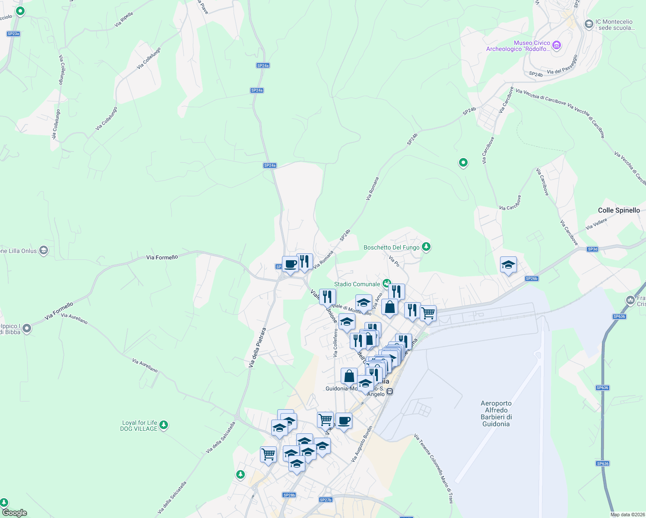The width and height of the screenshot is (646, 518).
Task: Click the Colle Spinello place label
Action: click(619, 210)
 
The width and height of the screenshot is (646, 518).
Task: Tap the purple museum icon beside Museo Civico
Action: click(557, 45)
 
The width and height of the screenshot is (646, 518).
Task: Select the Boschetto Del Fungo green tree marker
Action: click(426, 246)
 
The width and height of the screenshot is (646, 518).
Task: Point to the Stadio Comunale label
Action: click(357, 284)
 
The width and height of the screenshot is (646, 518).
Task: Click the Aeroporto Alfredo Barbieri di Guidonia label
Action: click(496, 414)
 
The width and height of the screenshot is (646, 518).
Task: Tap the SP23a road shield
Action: click(13, 34)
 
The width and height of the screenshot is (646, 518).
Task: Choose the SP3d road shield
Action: click(592, 249)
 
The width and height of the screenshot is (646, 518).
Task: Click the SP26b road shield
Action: click(532, 278)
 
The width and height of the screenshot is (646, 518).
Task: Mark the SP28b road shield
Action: click(289, 495)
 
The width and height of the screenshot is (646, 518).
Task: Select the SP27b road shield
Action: click(326, 500)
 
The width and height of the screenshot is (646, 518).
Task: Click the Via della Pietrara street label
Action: click(257, 348)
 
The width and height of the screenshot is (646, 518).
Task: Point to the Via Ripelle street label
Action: click(124, 19)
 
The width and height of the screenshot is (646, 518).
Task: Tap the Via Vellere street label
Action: click(596, 224)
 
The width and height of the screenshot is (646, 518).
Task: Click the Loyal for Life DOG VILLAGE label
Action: click(139, 426)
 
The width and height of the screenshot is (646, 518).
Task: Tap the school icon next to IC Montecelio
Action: click(588, 24)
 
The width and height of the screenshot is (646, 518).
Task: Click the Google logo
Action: click(14, 513)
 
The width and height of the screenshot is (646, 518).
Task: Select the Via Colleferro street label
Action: click(336, 343)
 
